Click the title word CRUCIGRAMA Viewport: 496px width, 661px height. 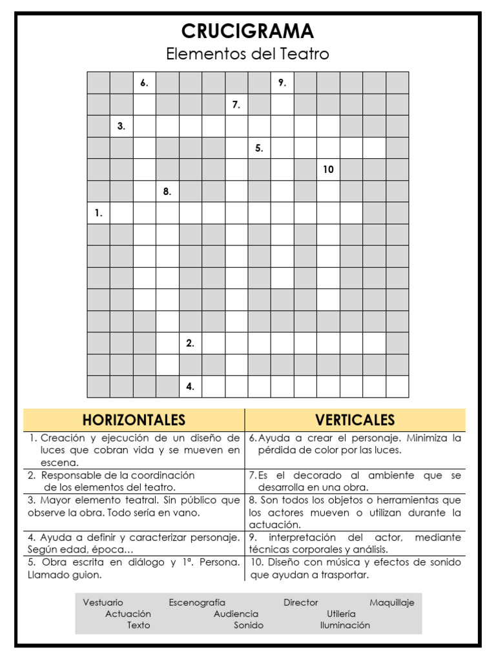247,31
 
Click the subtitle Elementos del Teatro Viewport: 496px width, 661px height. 247,54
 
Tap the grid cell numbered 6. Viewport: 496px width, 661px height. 144,83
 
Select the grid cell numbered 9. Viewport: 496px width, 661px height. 282,83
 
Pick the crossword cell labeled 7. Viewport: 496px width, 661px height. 236,105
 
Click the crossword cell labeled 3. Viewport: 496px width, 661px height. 121,127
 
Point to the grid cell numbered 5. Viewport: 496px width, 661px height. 259,148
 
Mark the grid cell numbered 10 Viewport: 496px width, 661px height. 328,170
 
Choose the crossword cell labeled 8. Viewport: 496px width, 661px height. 167,192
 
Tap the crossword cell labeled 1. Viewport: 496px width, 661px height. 98,213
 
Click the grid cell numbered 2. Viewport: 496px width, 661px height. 190,343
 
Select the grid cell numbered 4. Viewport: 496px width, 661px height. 190,387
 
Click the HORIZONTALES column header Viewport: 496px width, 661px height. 134,420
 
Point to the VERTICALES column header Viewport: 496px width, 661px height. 355,420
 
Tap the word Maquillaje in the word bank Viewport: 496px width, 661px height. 392,603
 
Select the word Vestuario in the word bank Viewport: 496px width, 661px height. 103,603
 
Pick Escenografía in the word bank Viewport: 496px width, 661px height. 197,603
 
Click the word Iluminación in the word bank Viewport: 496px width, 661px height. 345,625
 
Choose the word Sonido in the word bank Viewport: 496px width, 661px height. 249,625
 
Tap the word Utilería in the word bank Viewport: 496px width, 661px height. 341,614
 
